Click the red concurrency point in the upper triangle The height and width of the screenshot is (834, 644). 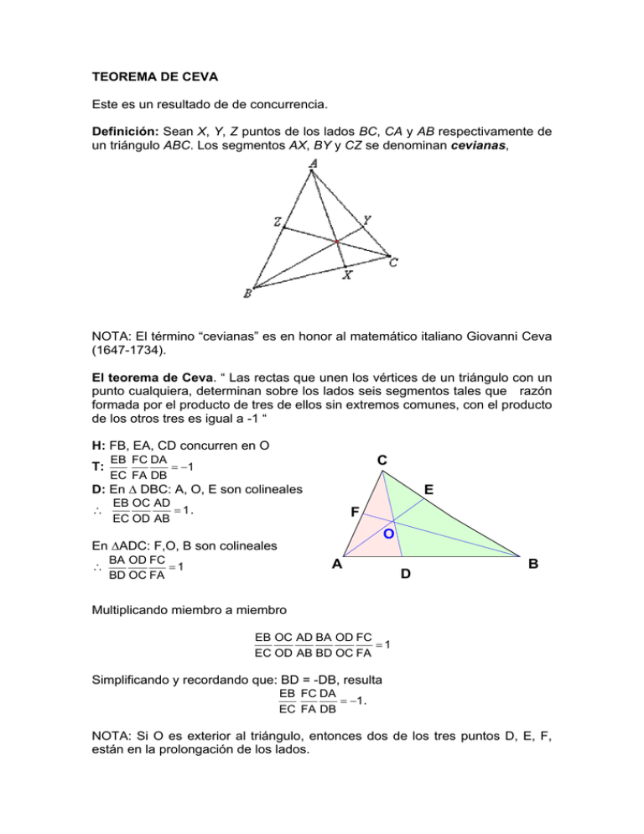click(x=337, y=242)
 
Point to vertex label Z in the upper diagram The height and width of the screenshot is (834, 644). click(x=276, y=222)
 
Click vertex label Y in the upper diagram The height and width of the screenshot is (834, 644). click(x=366, y=220)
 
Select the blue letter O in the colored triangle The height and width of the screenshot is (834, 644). click(x=389, y=534)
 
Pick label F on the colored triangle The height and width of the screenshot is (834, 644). click(x=355, y=511)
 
